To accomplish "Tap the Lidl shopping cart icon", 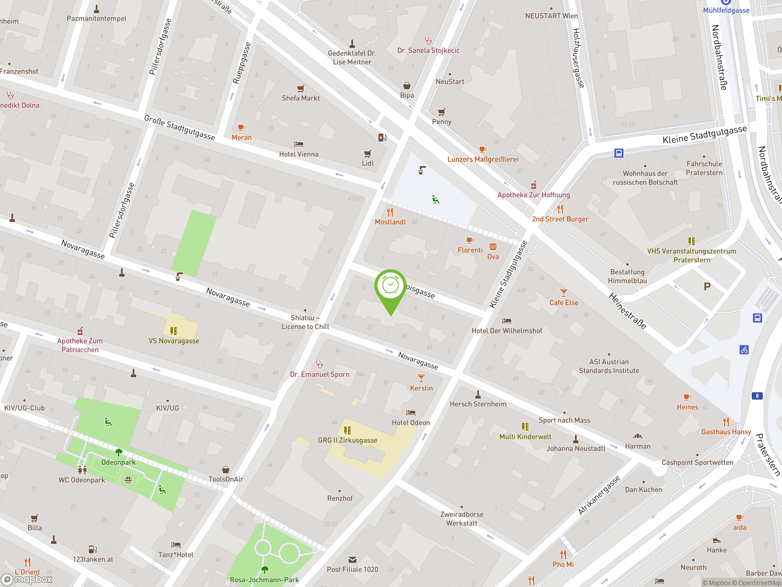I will tap(368, 154).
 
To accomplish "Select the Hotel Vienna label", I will tap(299, 154).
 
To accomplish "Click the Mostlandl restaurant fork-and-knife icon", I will tap(390, 212).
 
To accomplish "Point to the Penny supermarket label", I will tap(441, 122).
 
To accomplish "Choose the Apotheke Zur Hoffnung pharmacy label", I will tap(533, 195).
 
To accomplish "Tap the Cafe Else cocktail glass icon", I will tap(564, 293).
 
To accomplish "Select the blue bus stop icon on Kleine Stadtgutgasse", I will tap(619, 153).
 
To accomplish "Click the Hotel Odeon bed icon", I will tap(411, 412).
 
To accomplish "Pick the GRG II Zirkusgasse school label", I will tap(348, 440).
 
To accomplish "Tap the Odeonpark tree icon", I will tap(119, 452).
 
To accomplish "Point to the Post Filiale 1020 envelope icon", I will tap(353, 559).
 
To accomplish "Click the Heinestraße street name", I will tap(627, 311).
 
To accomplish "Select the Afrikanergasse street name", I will tap(599, 495).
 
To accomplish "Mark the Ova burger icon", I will tap(493, 247).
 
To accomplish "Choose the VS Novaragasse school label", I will tap(174, 341).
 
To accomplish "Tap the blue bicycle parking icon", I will tap(744, 350).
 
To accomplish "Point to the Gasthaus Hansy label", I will tap(726, 432).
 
